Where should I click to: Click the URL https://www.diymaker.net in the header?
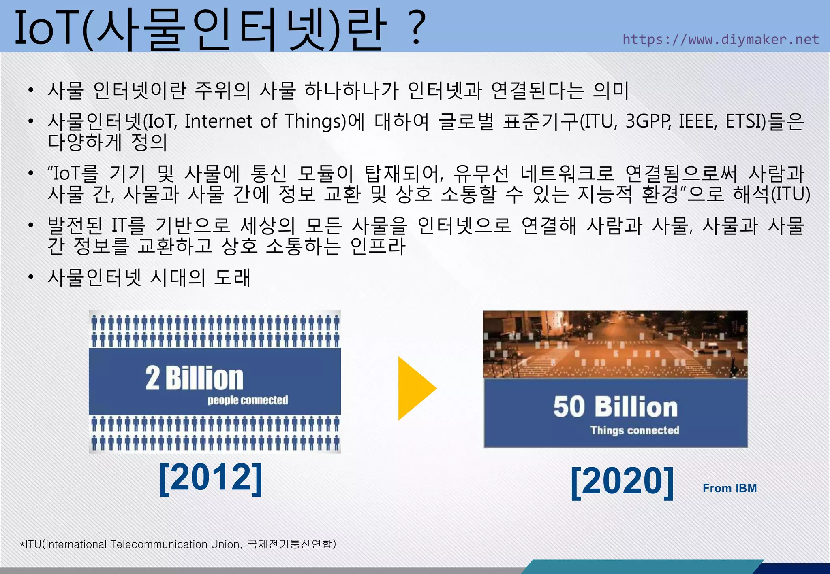pyautogui.click(x=721, y=39)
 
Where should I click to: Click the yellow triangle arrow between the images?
pyautogui.click(x=416, y=388)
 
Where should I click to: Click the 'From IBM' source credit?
pyautogui.click(x=729, y=488)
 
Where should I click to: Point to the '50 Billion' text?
pyautogui.click(x=615, y=407)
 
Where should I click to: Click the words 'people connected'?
pyautogui.click(x=248, y=400)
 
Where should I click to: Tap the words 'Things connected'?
pyautogui.click(x=634, y=430)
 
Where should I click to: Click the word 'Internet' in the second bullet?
pyautogui.click(x=218, y=121)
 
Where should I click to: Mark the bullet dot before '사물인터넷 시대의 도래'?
pyautogui.click(x=31, y=277)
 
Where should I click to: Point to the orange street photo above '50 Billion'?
pyautogui.click(x=615, y=344)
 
